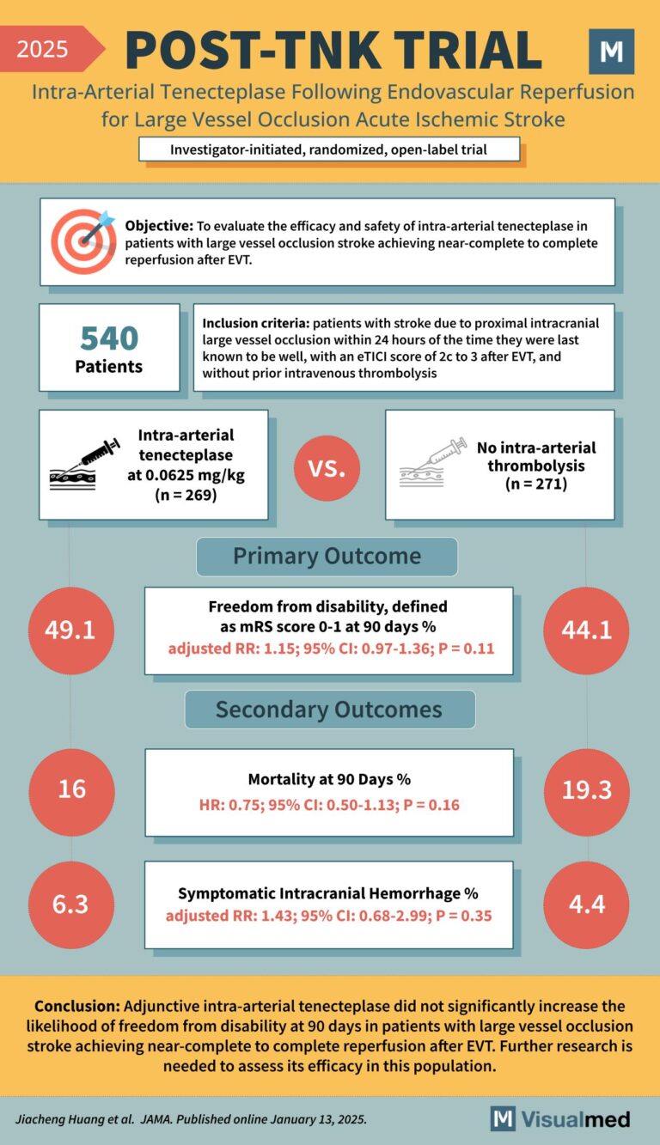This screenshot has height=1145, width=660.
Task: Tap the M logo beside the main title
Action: tap(611, 52)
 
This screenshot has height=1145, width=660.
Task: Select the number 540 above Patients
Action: tap(109, 338)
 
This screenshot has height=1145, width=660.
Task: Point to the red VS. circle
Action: tap(326, 469)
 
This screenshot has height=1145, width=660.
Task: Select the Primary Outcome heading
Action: tap(327, 556)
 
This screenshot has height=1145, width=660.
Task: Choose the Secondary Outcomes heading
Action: tap(328, 710)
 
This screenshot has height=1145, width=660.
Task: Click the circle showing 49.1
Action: tap(71, 630)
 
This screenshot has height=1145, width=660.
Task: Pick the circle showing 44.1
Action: tap(587, 630)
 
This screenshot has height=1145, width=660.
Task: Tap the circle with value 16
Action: tap(71, 789)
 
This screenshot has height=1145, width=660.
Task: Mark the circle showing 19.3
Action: tap(587, 789)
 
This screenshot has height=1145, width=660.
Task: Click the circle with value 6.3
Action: tap(71, 904)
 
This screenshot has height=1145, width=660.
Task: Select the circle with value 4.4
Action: tap(587, 904)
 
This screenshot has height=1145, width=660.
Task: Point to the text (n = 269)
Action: tap(186, 495)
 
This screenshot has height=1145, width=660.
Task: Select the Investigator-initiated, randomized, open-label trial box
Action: tap(329, 149)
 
